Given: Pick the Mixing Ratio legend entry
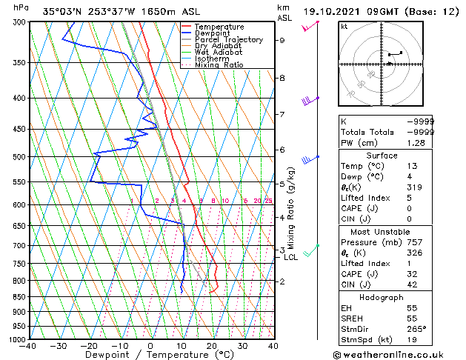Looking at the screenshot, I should pos(219,65).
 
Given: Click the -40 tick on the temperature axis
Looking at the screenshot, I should pos(29,345).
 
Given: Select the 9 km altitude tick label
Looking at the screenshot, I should pos(282,41).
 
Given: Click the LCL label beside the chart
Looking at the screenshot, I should pos(291,258).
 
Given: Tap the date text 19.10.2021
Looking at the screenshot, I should pos(334,12).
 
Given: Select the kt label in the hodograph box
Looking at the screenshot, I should pos(344,27).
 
